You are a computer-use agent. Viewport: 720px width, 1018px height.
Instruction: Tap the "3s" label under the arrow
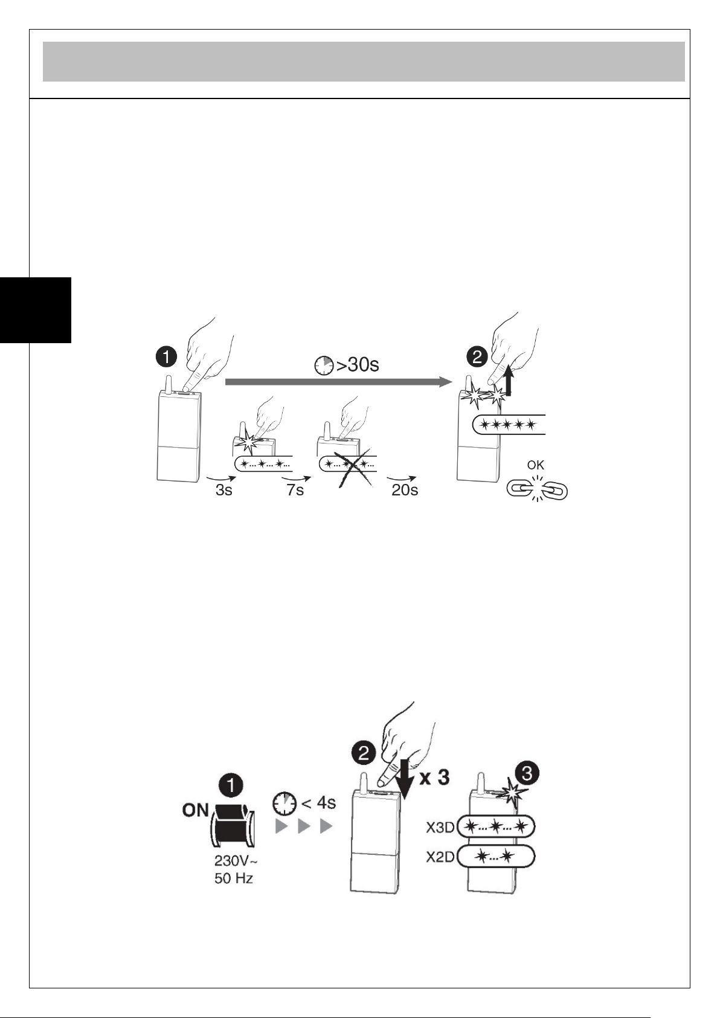[x=223, y=490]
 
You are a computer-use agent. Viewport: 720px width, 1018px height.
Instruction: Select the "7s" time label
[x=295, y=490]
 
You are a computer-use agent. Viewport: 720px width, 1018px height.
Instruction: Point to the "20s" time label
[x=405, y=490]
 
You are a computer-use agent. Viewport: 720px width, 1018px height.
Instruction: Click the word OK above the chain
[x=536, y=465]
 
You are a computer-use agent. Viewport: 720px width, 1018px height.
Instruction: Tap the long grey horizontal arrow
[x=338, y=382]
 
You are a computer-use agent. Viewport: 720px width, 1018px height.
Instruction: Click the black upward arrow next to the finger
[x=509, y=382]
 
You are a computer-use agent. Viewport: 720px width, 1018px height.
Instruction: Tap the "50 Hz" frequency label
[x=234, y=878]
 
